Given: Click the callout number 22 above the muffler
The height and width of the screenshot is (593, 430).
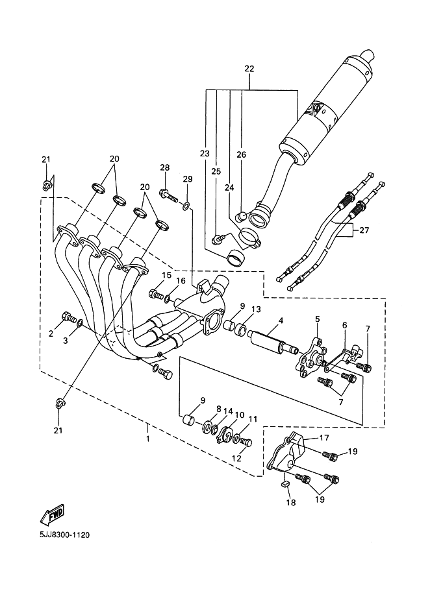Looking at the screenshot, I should coord(249,69).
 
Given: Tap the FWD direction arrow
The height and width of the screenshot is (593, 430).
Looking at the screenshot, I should coord(53,514).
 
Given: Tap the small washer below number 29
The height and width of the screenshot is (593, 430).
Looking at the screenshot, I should coord(186,206).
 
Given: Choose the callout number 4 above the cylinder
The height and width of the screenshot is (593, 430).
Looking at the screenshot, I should coord(281,320).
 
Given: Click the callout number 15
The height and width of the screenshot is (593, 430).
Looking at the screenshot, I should coord(166,275).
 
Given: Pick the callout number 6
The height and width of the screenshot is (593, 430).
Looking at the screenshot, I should coord(344,324).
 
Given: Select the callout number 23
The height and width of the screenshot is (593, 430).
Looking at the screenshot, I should coord(205,154).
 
